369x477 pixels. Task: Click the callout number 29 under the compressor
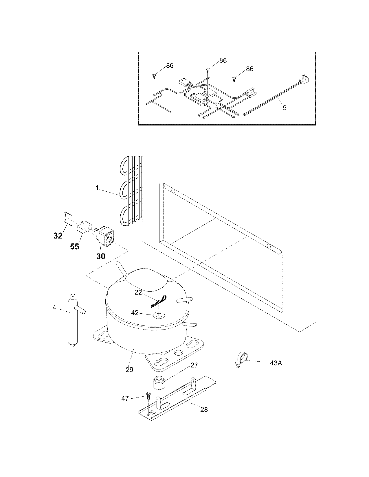129,369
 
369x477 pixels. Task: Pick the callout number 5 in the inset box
284,108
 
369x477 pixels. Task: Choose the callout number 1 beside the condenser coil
97,188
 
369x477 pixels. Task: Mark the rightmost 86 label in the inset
249,69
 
